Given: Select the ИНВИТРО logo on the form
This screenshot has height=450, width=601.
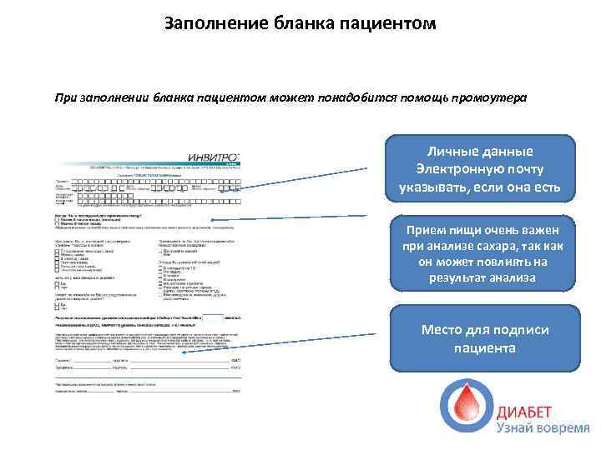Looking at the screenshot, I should pyautogui.click(x=212, y=157).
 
